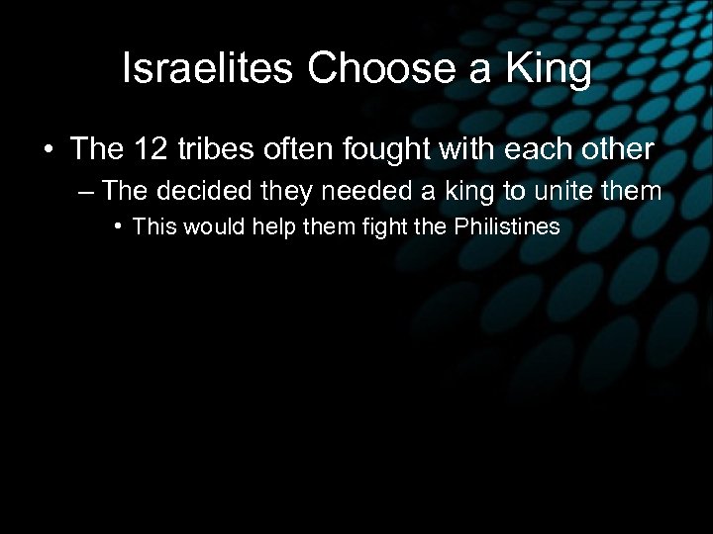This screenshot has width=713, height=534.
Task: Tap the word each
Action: (525, 149)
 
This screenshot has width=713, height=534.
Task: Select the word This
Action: (152, 226)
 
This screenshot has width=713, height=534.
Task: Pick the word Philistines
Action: (507, 226)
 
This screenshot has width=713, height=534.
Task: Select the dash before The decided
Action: (86, 191)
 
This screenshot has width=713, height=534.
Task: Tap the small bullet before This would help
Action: (118, 226)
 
